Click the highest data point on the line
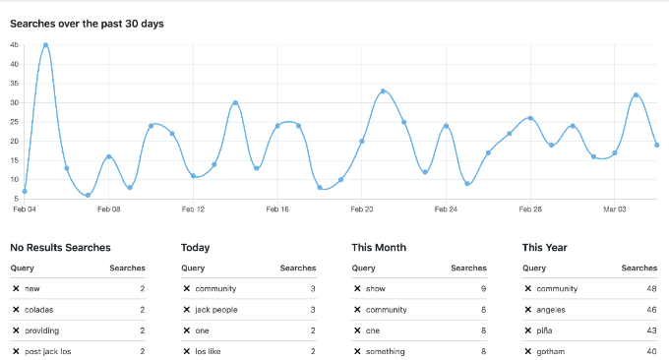click(45, 45)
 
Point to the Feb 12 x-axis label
click(193, 210)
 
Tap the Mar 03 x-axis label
click(615, 210)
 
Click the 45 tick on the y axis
click(14, 45)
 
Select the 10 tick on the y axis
click(14, 180)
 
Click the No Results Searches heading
click(60, 248)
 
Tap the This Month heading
click(379, 248)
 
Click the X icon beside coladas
click(16, 310)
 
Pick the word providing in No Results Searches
click(42, 330)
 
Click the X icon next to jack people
click(187, 310)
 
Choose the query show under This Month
click(376, 289)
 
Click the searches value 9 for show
click(483, 289)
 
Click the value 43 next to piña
click(650, 330)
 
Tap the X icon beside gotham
click(528, 351)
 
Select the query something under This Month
click(387, 351)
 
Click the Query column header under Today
click(193, 268)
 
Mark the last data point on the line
click(657, 146)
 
